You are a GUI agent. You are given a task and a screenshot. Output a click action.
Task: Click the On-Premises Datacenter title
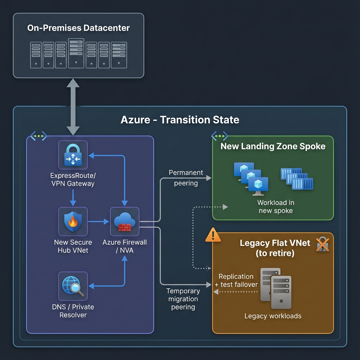coord(78,28)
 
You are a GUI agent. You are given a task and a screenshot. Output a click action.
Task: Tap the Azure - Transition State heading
coord(180,120)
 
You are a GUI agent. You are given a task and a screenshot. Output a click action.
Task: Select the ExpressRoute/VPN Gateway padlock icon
coord(73,155)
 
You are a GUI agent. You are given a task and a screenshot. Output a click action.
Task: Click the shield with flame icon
coord(73,221)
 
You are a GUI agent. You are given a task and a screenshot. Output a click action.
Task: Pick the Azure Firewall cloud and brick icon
coord(124,221)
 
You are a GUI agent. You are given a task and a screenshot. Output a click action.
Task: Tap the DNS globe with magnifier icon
coord(73,286)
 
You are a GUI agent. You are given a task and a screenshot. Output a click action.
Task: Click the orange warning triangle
coord(213,235)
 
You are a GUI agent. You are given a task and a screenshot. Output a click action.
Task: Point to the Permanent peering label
coord(186,178)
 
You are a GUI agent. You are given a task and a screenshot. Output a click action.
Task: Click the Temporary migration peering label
coord(183,299)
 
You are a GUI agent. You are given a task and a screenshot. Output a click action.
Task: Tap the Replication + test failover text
coord(236,281)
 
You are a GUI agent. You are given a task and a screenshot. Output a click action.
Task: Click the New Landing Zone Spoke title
coord(273,146)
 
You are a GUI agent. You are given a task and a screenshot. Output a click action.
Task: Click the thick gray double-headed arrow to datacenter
coord(73,107)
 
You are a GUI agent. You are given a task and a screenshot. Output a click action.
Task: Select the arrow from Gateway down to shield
coord(73,198)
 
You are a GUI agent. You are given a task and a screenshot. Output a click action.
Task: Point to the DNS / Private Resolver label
coord(73,311)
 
